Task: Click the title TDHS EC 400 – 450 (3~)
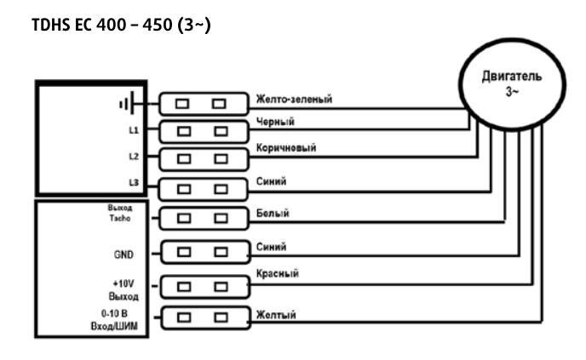[x=121, y=26]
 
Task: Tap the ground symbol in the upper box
[x=128, y=104]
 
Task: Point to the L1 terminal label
[x=134, y=131]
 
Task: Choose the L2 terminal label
[x=134, y=157]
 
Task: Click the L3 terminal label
[x=134, y=185]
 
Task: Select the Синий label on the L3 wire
[x=271, y=180]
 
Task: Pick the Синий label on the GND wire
[x=271, y=247]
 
